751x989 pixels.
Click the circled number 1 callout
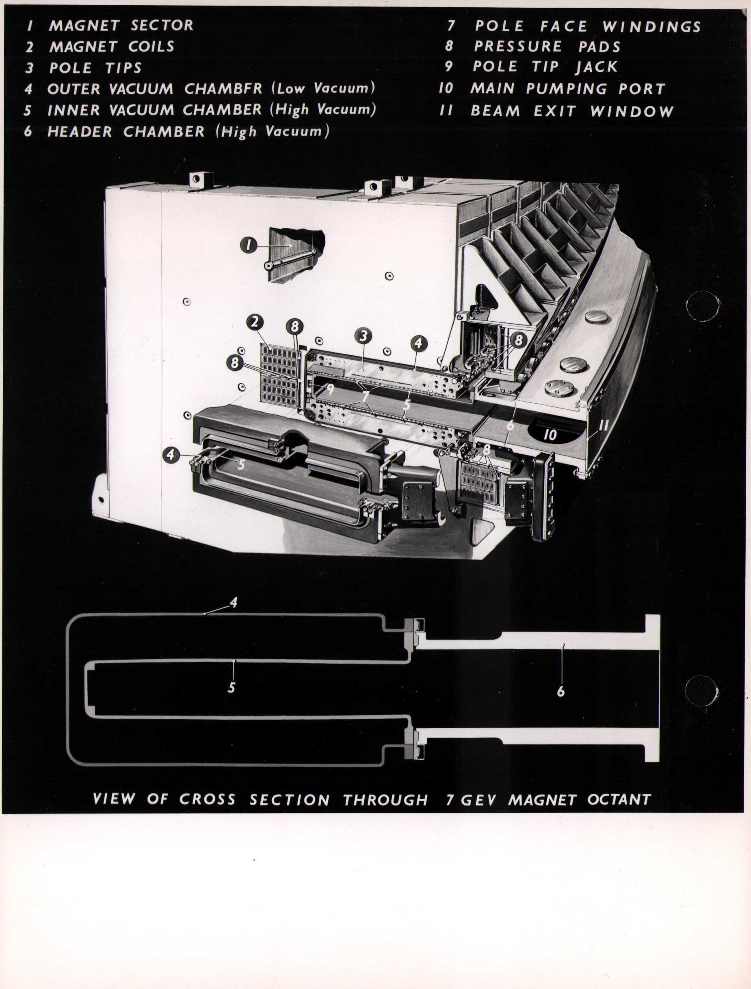pos(249,245)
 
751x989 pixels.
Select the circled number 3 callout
pos(363,336)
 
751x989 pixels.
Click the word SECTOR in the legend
pos(162,25)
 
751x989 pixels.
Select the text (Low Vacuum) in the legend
pos(322,88)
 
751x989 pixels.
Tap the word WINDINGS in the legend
pos(651,27)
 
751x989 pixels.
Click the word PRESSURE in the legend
pos(518,47)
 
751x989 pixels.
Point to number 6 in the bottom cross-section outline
pos(561,692)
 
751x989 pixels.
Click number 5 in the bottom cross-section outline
pos(232,687)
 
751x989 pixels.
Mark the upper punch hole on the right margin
pos(703,306)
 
